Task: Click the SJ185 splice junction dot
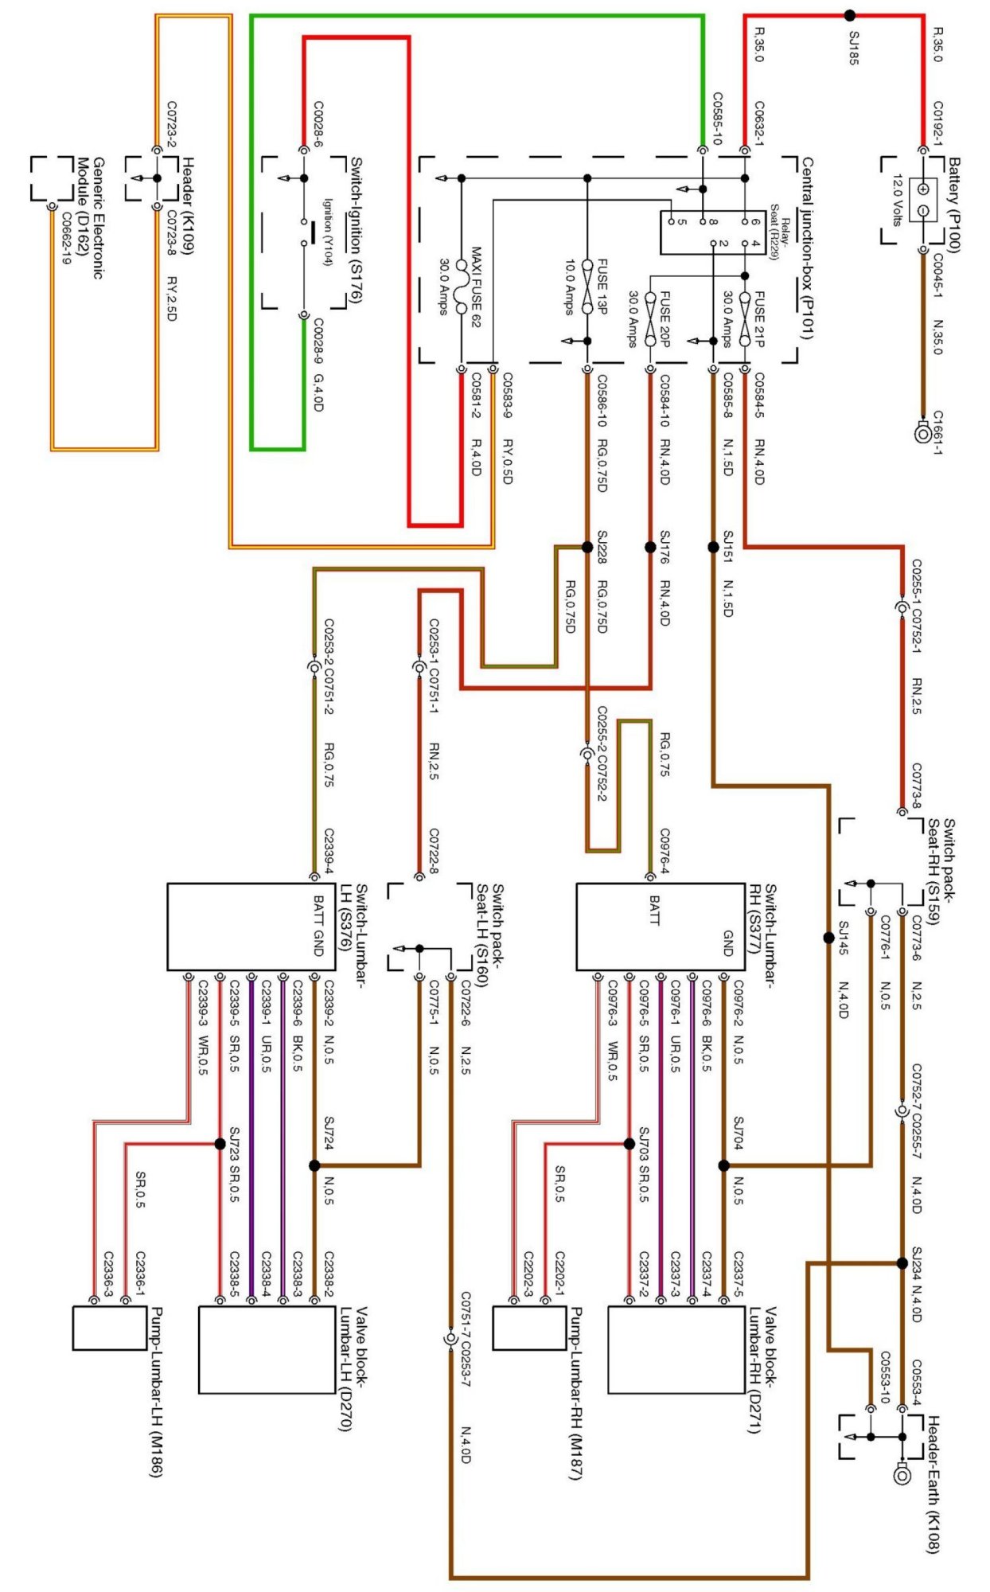click(850, 14)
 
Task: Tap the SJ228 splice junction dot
click(587, 547)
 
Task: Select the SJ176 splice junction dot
click(650, 547)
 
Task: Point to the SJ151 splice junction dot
click(713, 547)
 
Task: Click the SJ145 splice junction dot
click(828, 938)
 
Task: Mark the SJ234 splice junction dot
click(902, 1262)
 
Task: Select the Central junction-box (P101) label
click(806, 247)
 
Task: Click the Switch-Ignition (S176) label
click(356, 230)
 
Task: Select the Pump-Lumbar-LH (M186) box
click(109, 1329)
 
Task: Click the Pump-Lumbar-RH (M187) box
click(528, 1329)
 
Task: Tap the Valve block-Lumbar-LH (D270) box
click(267, 1350)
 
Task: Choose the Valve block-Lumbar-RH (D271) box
click(676, 1350)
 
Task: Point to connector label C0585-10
click(717, 119)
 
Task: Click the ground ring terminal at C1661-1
click(923, 433)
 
